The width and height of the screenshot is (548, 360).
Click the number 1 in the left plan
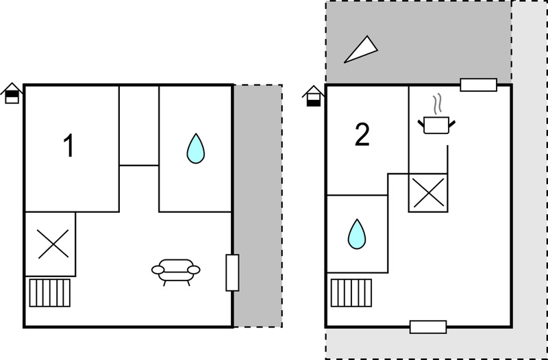pos(69,146)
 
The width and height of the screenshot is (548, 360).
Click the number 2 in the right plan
pos(362,135)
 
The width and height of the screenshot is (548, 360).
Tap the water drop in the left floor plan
pos(196,149)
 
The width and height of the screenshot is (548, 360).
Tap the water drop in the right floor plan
pos(357,234)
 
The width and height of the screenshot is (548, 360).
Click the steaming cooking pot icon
pos(436,120)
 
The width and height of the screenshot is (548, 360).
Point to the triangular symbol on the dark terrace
pos(361,49)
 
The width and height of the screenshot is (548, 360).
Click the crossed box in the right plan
pos(429,193)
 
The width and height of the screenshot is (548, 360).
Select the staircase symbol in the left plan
pos(49,293)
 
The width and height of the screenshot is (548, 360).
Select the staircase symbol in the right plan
pos(351,293)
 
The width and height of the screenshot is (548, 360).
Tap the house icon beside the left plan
pos(12,93)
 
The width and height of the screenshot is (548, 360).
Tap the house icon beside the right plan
pos(314,96)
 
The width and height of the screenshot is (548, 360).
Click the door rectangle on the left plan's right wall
pos(232,272)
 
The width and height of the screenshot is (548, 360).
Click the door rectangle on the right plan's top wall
pos(478,85)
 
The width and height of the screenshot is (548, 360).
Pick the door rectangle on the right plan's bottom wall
pos(428,327)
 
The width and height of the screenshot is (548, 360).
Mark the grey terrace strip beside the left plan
pos(258,206)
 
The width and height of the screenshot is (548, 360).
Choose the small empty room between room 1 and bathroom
pos(139,125)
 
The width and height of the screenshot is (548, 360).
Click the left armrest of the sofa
pos(158,270)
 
